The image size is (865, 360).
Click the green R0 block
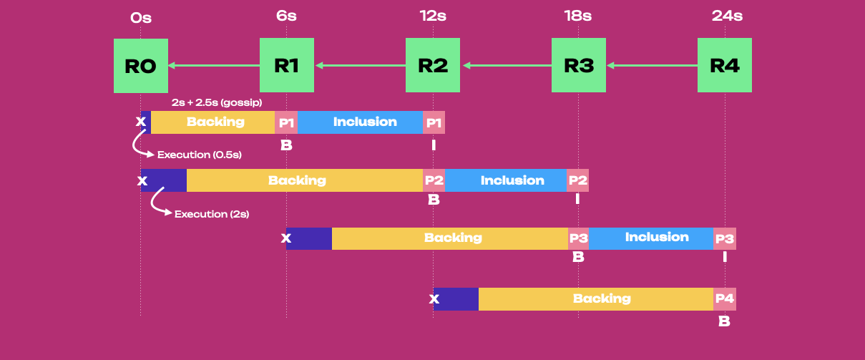coord(140,66)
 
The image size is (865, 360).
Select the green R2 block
coord(433,66)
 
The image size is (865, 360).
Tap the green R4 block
coord(725,66)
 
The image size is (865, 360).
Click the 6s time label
coord(286,16)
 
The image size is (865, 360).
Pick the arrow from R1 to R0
coord(214,66)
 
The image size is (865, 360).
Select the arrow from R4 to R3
coord(652,66)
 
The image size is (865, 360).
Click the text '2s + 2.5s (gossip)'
coord(216,102)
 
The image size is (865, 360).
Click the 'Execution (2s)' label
coord(212,213)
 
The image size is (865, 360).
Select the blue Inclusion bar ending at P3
coord(651,238)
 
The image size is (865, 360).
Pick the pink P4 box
coord(724,298)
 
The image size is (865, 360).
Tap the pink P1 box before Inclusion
coord(286,122)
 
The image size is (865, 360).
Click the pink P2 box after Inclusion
coord(577,180)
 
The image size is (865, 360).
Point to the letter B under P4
coord(724,321)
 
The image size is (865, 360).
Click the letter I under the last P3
coord(725,256)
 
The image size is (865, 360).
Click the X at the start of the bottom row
coord(434,298)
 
